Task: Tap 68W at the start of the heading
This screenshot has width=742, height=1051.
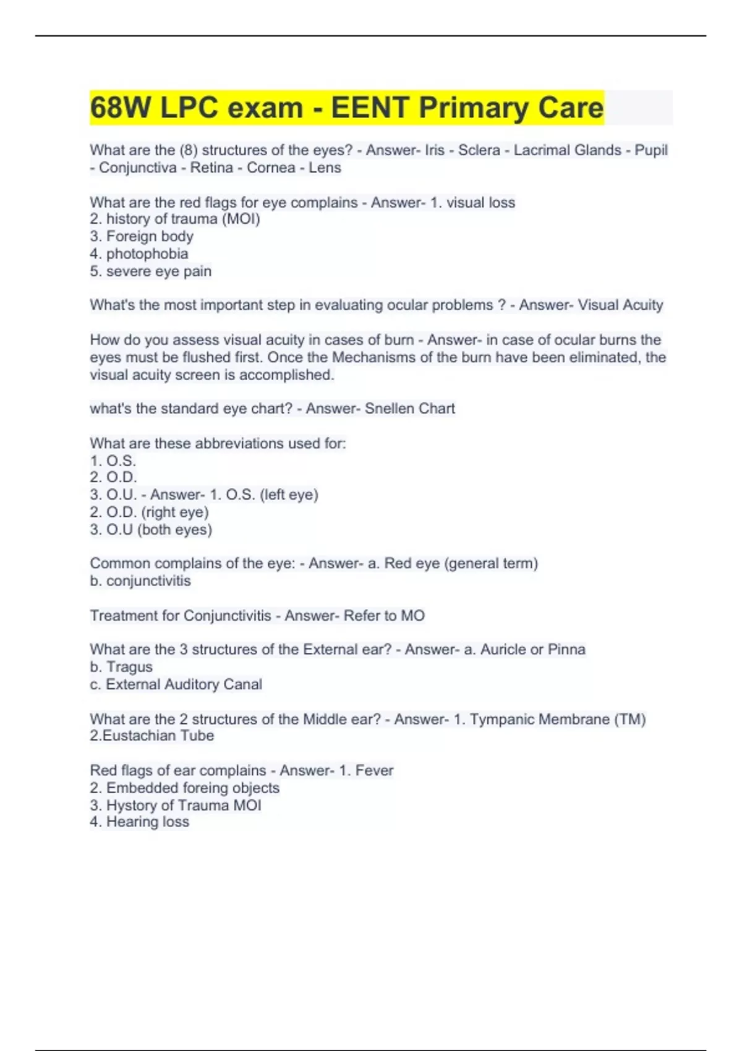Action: (x=120, y=108)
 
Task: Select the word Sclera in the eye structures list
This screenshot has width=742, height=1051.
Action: (x=479, y=150)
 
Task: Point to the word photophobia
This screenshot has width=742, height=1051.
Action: (x=147, y=253)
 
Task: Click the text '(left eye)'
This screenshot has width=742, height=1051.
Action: (x=289, y=495)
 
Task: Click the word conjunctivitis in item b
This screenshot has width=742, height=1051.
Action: (x=148, y=581)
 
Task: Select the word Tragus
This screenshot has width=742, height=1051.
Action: (x=129, y=667)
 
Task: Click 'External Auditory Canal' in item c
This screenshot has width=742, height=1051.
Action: (x=184, y=684)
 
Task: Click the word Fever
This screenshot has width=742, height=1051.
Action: (x=374, y=770)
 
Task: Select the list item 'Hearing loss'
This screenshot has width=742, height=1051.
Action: (x=148, y=822)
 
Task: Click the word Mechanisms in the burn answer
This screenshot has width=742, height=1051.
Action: (x=374, y=357)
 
